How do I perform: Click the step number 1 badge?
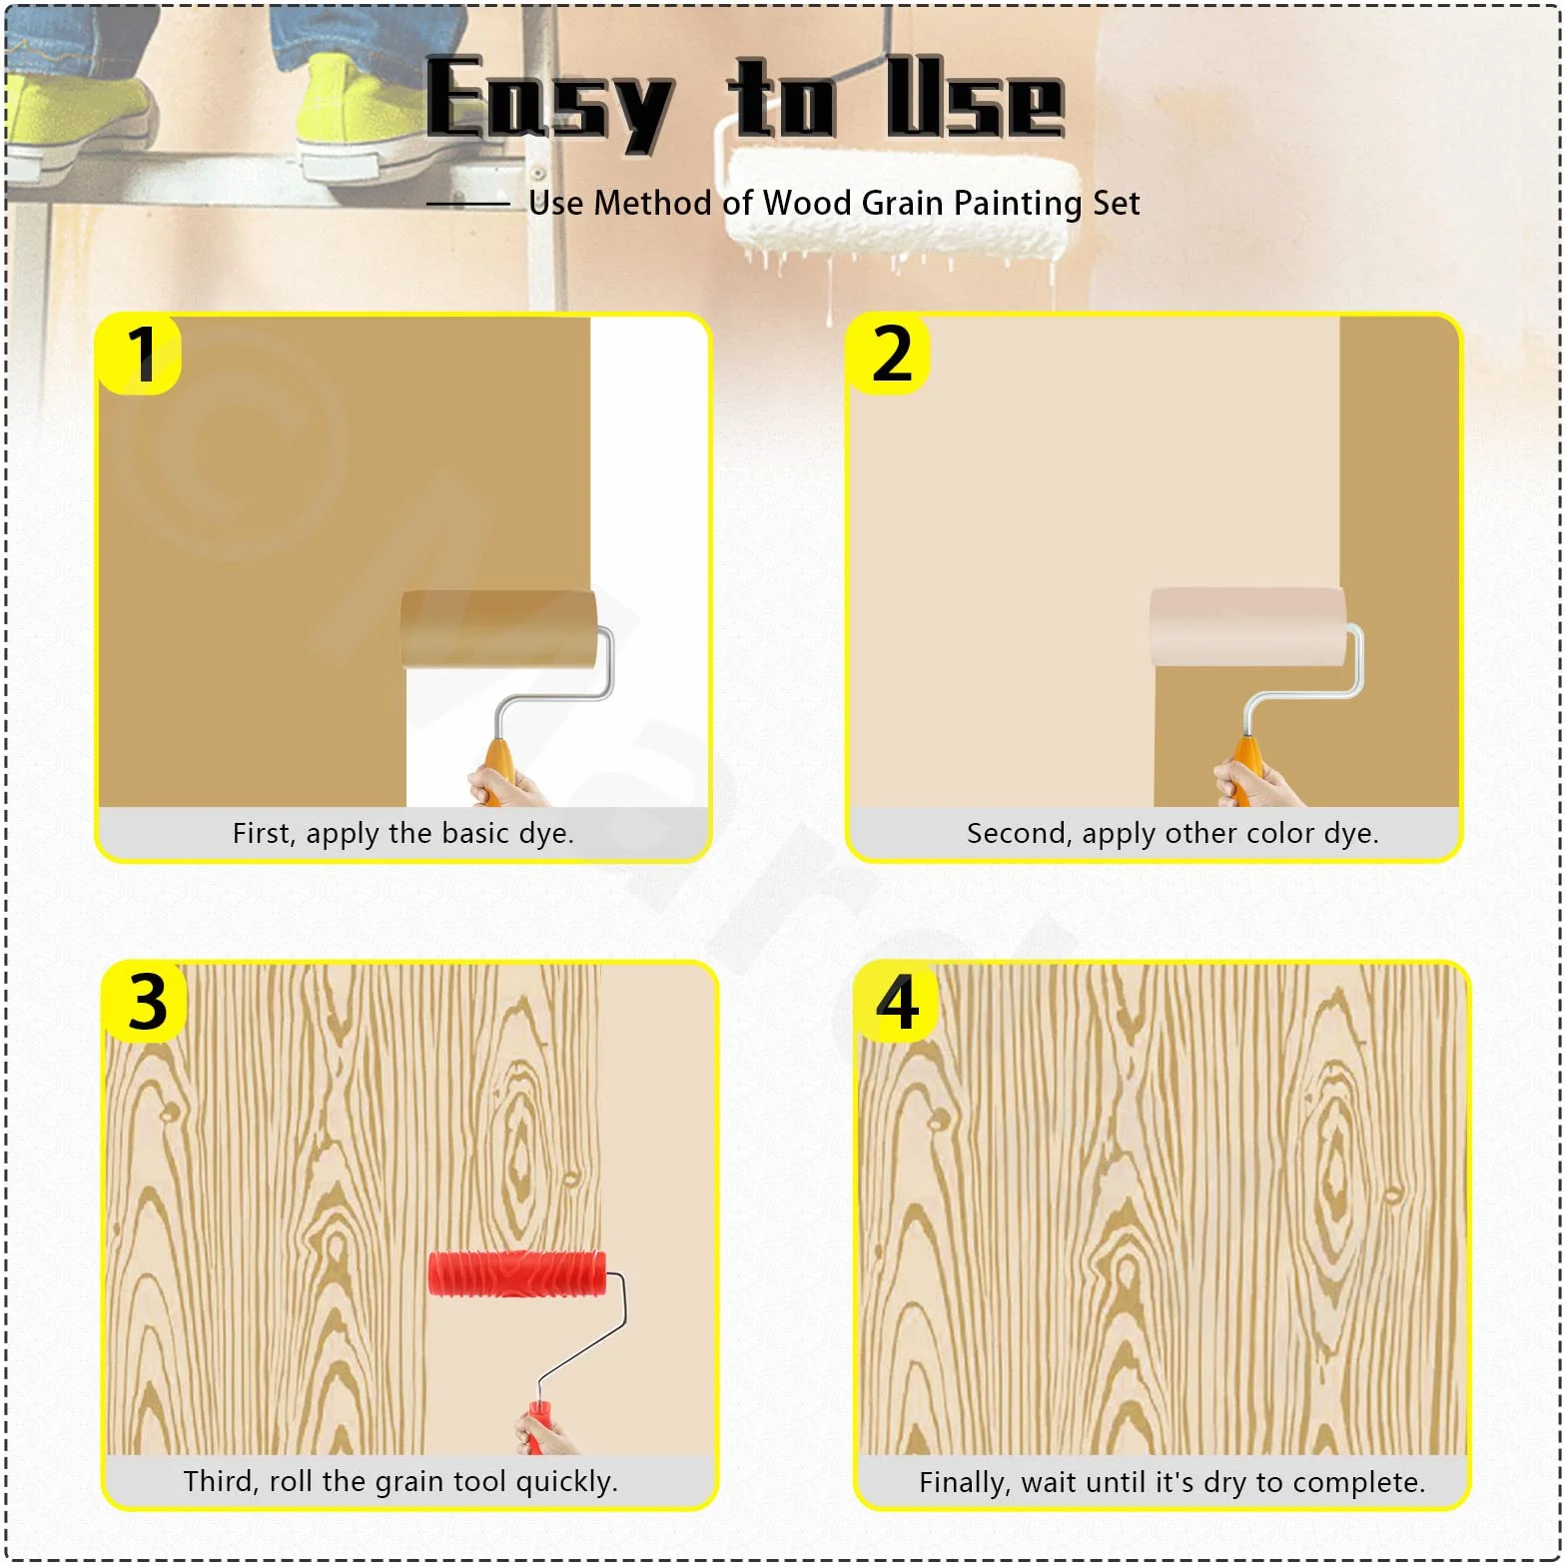pyautogui.click(x=139, y=355)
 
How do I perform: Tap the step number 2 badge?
pyautogui.click(x=889, y=355)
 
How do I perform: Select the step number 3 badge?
pyautogui.click(x=146, y=1003)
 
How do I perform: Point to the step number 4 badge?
pyautogui.click(x=897, y=1003)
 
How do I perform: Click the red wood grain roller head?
pyautogui.click(x=517, y=1273)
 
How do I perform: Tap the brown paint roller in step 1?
pyautogui.click(x=499, y=628)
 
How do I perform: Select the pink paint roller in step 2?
pyautogui.click(x=1248, y=626)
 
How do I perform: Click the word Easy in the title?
pyautogui.click(x=549, y=103)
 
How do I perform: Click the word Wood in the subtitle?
pyautogui.click(x=807, y=203)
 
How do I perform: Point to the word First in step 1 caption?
pyautogui.click(x=263, y=833)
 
